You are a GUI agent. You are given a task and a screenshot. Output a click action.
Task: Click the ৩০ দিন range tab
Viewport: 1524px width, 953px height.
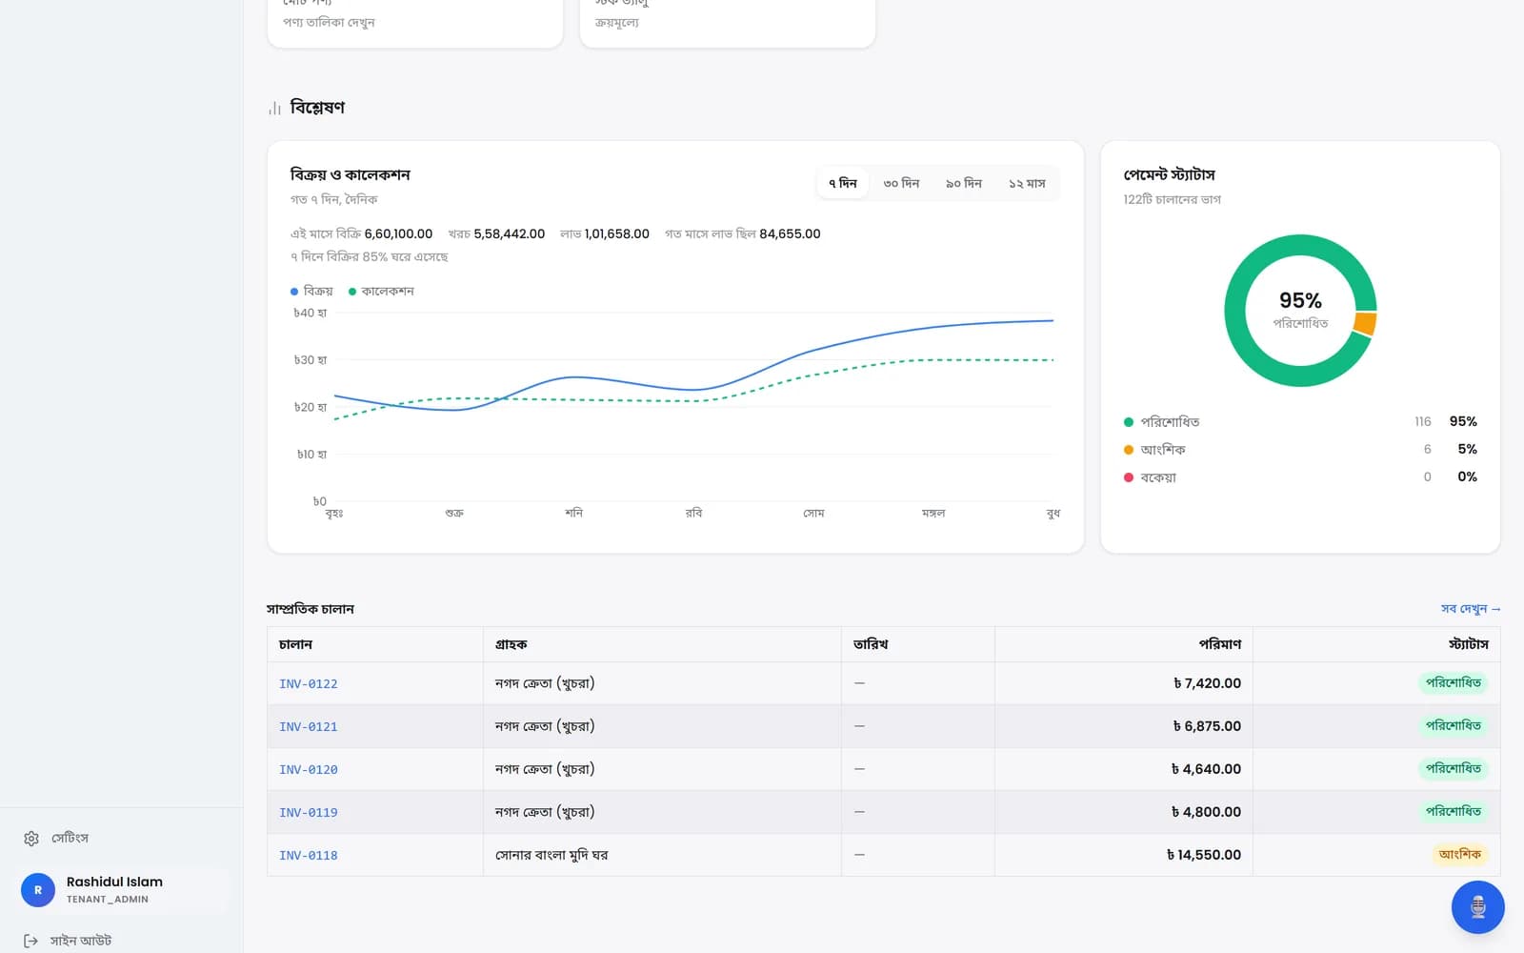901,183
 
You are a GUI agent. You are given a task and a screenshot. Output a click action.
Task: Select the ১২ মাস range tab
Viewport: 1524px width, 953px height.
1027,183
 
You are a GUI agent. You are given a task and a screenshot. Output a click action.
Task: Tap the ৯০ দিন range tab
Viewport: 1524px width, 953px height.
963,183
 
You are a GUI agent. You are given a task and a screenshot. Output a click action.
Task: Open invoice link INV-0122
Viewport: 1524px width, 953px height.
309,683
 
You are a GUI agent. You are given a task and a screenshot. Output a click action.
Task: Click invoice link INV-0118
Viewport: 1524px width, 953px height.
309,855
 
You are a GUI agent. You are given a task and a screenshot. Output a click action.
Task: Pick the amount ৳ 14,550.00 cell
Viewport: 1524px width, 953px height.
1204,854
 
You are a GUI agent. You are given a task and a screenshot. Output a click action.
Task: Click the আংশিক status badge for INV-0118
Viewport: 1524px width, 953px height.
1459,854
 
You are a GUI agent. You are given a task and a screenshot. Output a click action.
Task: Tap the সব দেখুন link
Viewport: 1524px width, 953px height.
1471,609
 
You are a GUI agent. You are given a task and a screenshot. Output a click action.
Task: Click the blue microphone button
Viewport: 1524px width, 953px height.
1477,906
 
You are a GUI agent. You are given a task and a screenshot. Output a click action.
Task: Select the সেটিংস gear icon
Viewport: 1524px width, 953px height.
31,838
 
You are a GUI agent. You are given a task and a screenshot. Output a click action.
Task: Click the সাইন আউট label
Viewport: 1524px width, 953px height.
80,940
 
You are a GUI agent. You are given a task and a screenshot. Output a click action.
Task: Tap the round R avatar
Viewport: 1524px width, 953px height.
38,890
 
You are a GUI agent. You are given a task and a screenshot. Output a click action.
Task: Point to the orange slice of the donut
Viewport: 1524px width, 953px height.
1365,323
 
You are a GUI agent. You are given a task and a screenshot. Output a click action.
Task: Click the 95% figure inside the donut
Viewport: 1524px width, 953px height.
1300,300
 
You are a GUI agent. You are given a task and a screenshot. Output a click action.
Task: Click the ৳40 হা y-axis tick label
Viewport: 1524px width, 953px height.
311,314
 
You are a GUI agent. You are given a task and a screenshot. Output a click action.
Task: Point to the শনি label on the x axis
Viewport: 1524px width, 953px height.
573,513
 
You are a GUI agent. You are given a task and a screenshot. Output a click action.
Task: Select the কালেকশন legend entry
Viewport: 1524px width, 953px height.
381,292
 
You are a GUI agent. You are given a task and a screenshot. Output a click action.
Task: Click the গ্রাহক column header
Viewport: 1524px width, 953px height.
511,644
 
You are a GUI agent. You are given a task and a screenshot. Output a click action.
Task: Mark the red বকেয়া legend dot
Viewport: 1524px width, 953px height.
1128,477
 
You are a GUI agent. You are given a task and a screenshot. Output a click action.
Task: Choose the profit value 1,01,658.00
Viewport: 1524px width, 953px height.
616,233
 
